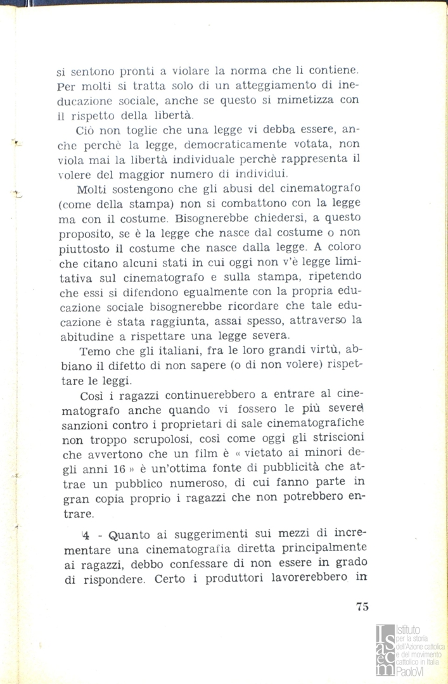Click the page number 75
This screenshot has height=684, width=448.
362,606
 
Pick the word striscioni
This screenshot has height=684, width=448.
329,438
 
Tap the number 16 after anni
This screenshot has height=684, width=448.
119,469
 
